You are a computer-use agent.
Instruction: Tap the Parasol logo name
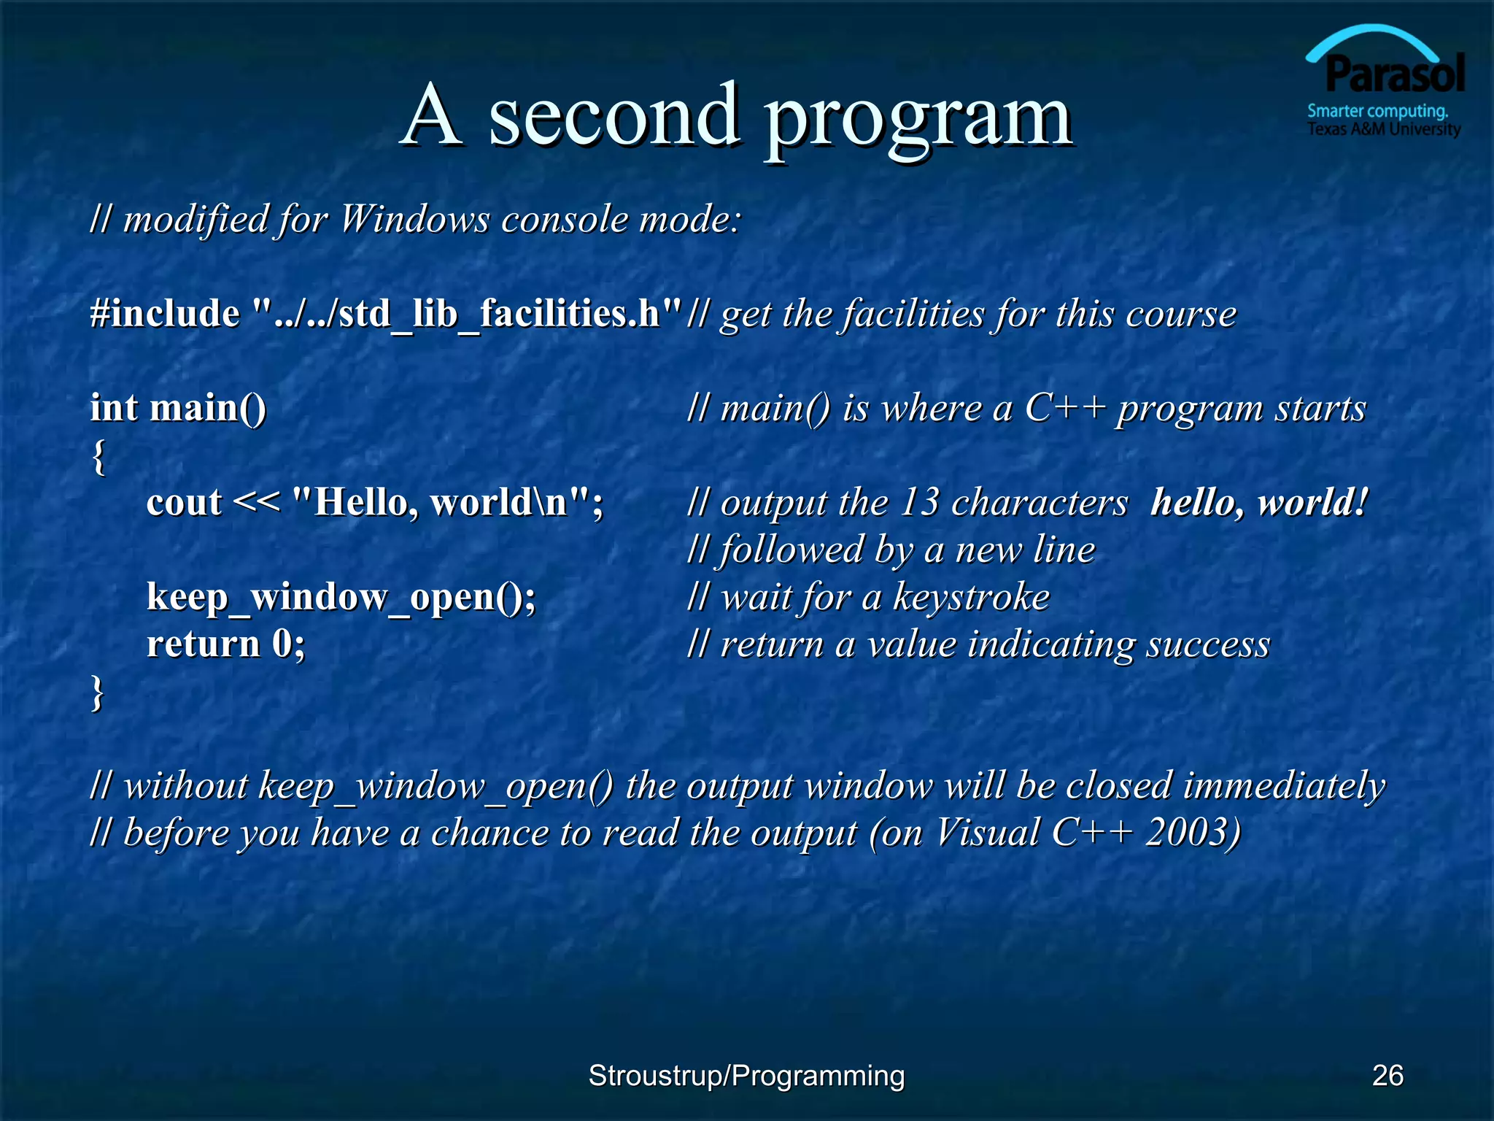pyautogui.click(x=1394, y=74)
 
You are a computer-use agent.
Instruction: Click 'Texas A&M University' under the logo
pyautogui.click(x=1383, y=129)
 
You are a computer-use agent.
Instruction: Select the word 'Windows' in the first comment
pyautogui.click(x=414, y=219)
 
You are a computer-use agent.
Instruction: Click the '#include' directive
pyautogui.click(x=164, y=314)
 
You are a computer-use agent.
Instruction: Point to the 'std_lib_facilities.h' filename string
pyautogui.click(x=467, y=314)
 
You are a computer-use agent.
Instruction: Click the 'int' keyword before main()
pyautogui.click(x=114, y=407)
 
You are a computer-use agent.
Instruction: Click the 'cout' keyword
pyautogui.click(x=184, y=503)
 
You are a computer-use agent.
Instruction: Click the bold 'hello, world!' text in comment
pyautogui.click(x=1258, y=503)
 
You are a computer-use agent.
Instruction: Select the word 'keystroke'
pyautogui.click(x=971, y=597)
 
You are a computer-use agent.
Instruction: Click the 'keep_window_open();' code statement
pyautogui.click(x=341, y=597)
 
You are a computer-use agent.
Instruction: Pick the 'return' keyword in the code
pyautogui.click(x=203, y=644)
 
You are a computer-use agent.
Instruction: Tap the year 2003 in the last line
pyautogui.click(x=1191, y=832)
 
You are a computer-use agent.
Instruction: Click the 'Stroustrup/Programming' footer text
pyautogui.click(x=746, y=1075)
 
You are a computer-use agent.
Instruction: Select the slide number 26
pyautogui.click(x=1387, y=1075)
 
